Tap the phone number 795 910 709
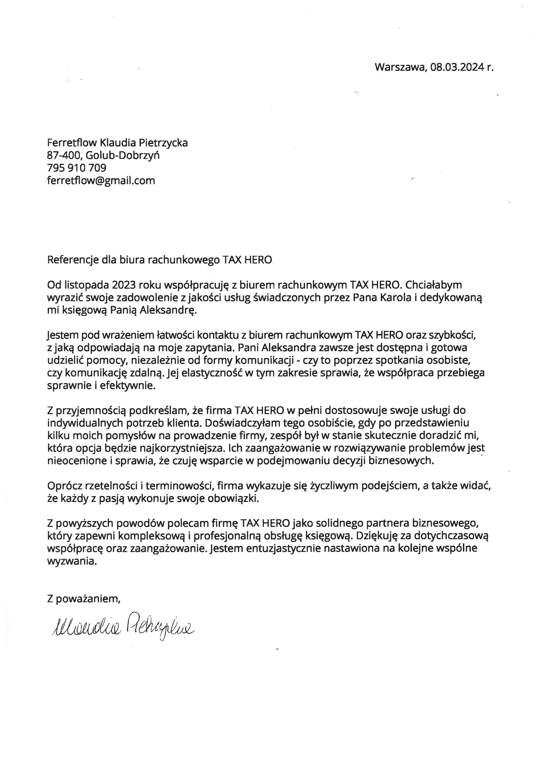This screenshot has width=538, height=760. tap(76, 168)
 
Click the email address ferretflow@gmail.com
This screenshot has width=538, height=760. tap(101, 180)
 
